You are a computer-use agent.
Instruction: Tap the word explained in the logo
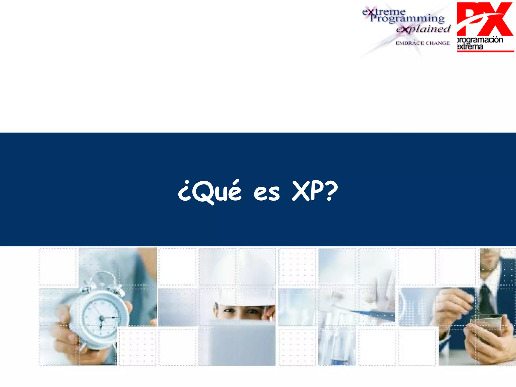tap(423, 29)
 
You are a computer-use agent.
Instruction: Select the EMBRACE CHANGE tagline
tap(423, 43)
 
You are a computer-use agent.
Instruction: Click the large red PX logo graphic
tap(484, 19)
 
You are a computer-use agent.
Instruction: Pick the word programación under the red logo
tap(480, 40)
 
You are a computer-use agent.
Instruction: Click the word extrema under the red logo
tap(470, 47)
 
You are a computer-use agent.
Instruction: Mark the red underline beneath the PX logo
tap(485, 51)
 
